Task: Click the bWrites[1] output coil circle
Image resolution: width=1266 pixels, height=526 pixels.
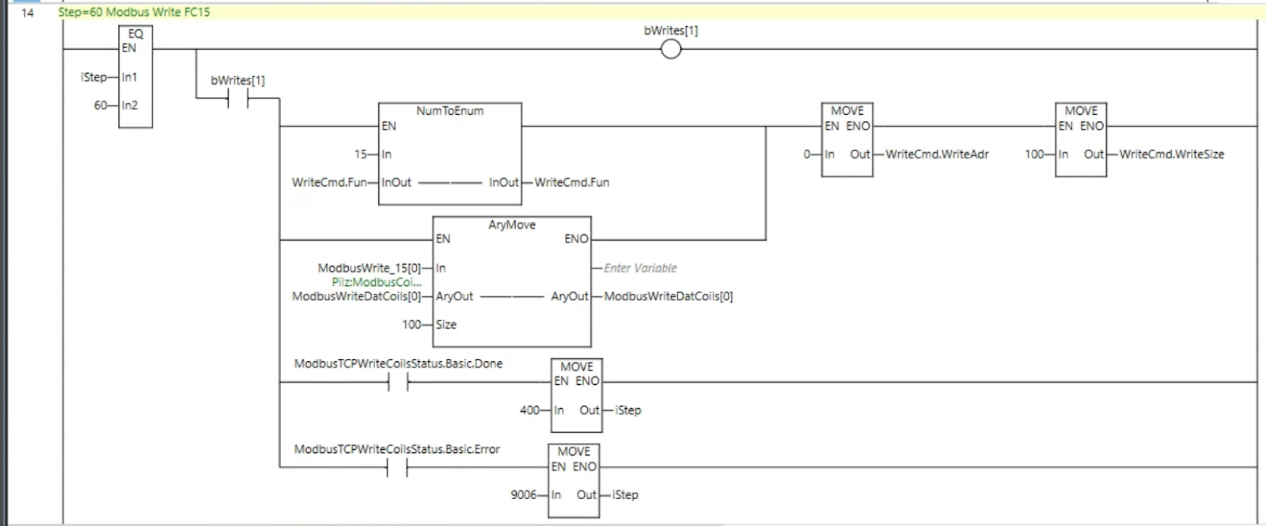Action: pos(671,49)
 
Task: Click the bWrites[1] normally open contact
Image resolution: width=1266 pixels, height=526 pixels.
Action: pos(238,98)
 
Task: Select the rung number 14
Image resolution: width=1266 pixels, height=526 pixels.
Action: pos(27,13)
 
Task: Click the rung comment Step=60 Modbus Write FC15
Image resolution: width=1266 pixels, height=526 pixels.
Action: pos(134,12)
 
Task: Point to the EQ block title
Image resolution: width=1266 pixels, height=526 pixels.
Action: pos(135,34)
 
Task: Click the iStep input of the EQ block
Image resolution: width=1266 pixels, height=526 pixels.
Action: pos(94,77)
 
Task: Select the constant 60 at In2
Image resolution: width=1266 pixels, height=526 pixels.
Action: pos(100,105)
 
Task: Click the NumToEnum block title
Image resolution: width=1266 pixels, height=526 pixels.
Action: pos(450,111)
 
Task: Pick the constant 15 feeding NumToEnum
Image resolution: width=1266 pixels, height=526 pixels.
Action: pos(361,154)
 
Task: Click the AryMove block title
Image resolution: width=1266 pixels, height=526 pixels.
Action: pos(512,224)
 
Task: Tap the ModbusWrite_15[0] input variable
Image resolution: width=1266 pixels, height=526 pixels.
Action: pos(369,268)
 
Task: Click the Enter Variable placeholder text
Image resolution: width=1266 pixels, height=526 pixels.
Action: pos(640,268)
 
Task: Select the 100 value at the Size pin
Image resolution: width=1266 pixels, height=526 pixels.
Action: pos(411,324)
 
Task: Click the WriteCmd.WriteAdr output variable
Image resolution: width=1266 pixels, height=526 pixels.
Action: pos(937,154)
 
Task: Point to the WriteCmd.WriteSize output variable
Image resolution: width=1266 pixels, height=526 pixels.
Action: pos(1172,154)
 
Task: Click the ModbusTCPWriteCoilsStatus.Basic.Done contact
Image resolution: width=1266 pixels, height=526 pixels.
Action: pos(398,383)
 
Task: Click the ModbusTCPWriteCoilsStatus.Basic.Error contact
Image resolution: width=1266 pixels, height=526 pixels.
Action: pos(396,467)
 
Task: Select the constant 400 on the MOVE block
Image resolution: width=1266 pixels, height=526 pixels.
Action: pos(529,410)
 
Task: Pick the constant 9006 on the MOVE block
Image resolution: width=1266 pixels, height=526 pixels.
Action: pos(523,495)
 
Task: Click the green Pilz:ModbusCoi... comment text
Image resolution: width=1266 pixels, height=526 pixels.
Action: pos(377,282)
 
